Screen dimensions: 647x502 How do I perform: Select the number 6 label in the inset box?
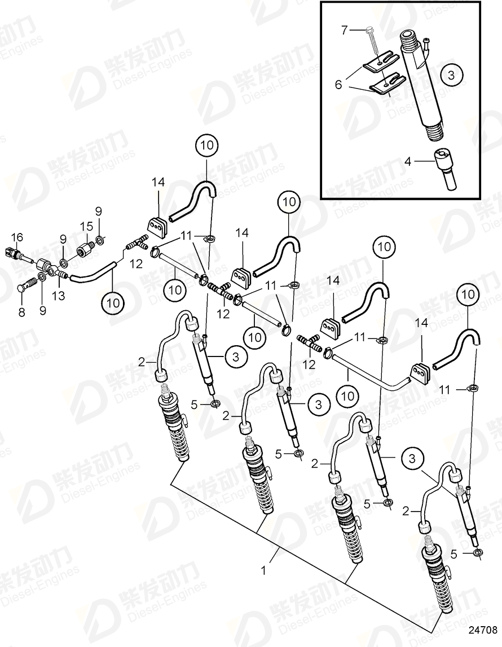tap(338, 84)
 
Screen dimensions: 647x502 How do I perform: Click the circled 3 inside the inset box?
tap(452, 74)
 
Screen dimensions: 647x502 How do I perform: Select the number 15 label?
tap(86, 226)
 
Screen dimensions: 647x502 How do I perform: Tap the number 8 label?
tap(21, 312)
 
